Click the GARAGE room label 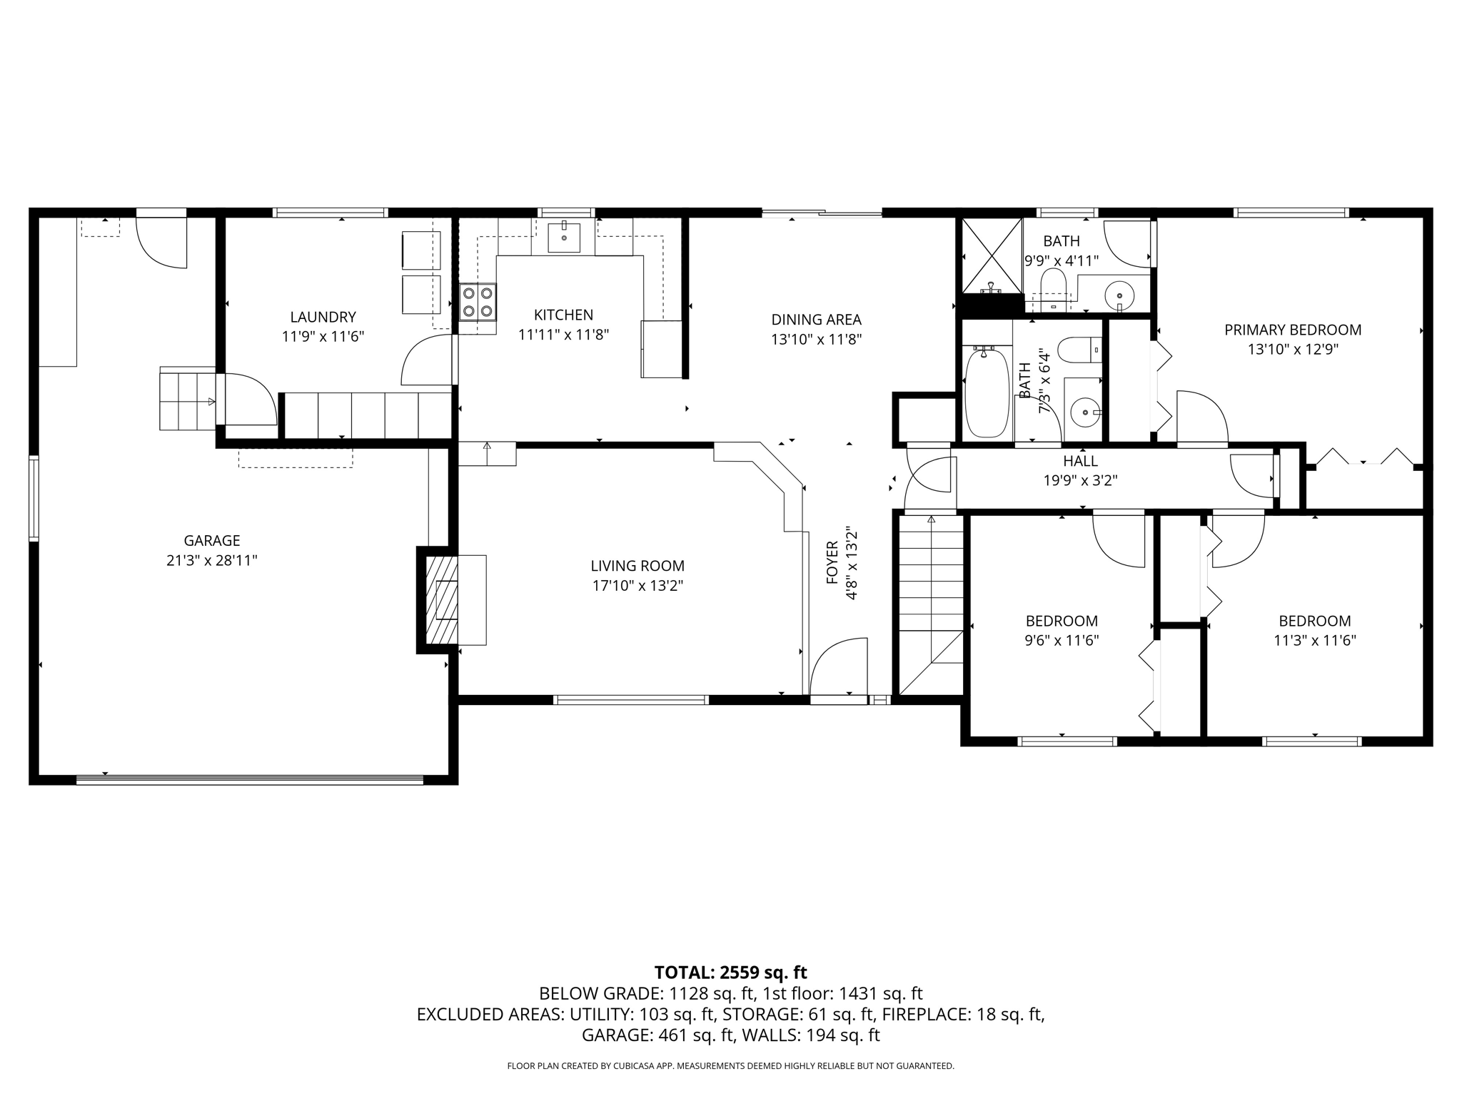(211, 541)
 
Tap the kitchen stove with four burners (478, 302)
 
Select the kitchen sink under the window (564, 238)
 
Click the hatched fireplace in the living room (443, 599)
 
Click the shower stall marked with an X (992, 255)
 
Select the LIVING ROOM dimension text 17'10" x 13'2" (637, 586)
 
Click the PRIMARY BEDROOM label (1293, 330)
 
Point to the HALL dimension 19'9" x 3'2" (1080, 481)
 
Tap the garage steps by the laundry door (186, 399)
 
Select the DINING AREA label (816, 320)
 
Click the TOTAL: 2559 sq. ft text (730, 972)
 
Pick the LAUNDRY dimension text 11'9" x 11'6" (323, 337)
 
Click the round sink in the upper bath (1119, 294)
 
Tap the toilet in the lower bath (1079, 350)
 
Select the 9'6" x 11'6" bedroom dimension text (1062, 641)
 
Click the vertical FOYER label (832, 564)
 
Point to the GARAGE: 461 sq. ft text (657, 1035)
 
